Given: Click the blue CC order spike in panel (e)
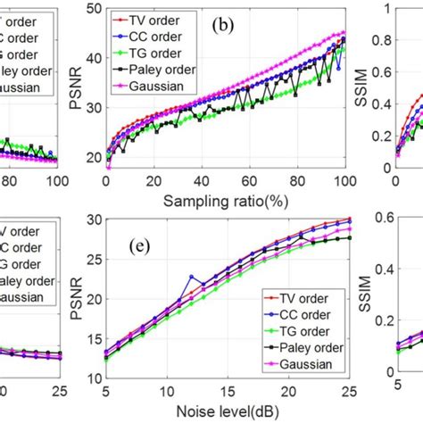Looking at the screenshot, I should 190,278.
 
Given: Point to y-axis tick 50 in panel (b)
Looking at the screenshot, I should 95,10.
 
